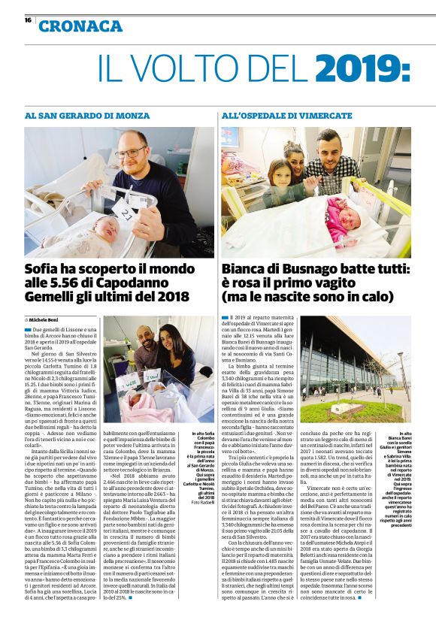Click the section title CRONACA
80,26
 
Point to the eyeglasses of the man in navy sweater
132,153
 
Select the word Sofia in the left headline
44,271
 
